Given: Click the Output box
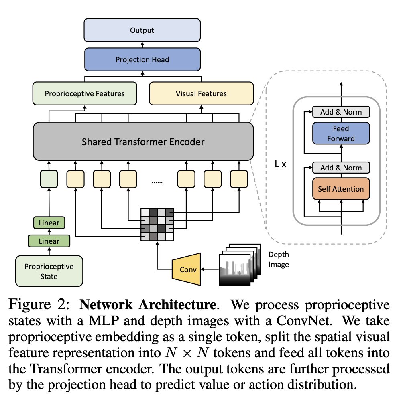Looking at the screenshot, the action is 142,30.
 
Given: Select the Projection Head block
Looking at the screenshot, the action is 142,59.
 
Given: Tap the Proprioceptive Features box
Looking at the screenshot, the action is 85,93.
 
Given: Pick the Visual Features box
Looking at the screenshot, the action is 201,93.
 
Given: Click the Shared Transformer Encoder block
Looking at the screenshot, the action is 143,142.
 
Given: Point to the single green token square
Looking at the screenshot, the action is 49,179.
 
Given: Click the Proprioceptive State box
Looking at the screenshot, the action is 49,271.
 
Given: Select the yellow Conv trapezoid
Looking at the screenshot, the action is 187,269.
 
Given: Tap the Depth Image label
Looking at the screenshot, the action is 279,259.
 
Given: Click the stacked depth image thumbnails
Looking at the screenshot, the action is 240,265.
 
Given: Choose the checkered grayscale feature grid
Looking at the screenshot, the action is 157,225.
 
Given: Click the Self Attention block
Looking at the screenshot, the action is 341,189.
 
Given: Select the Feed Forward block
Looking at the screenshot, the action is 341,133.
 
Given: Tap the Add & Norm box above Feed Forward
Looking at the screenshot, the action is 341,112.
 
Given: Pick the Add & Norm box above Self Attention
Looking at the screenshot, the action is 341,168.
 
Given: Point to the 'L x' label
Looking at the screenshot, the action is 281,164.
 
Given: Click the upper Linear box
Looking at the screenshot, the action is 49,223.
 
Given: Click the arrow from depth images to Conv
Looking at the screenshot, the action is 210,269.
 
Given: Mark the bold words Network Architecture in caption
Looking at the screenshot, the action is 148,304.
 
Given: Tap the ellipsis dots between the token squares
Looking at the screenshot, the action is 157,182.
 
